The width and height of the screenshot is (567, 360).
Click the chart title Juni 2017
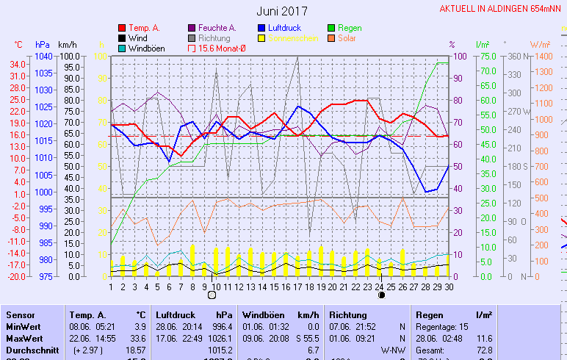pos(282,11)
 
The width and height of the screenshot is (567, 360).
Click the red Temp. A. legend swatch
pos(122,28)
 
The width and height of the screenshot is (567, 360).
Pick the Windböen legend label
pos(146,48)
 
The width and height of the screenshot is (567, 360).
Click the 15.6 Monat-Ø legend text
pos(222,48)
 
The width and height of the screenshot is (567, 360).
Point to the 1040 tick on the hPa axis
pos(43,57)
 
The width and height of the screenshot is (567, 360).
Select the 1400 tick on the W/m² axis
pos(542,57)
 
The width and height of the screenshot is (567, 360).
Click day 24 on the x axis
pos(380,287)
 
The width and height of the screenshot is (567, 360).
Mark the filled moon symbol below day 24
pos(380,295)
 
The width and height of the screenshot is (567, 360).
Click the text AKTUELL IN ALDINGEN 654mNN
pos(502,9)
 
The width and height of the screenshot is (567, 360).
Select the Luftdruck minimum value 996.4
pos(222,326)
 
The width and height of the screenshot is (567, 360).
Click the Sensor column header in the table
pos(20,314)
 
